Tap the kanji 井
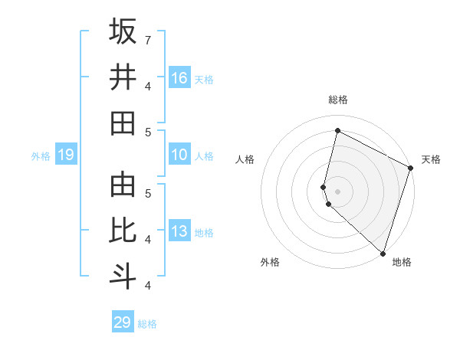pos(123,77)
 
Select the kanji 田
pos(123,123)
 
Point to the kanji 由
pos(123,185)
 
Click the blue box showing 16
pos(179,78)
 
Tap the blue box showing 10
pos(179,155)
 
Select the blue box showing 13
pos(179,232)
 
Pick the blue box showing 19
pos(65,155)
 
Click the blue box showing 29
pos(123,322)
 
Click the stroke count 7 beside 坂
pos(148,39)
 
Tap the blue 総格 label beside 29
pos(148,324)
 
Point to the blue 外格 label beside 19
pos(41,156)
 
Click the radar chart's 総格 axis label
pos(338,100)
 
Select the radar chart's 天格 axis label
pos(431,159)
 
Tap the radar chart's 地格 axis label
pos(402,262)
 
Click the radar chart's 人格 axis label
pos(245,159)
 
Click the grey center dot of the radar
pos(338,191)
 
